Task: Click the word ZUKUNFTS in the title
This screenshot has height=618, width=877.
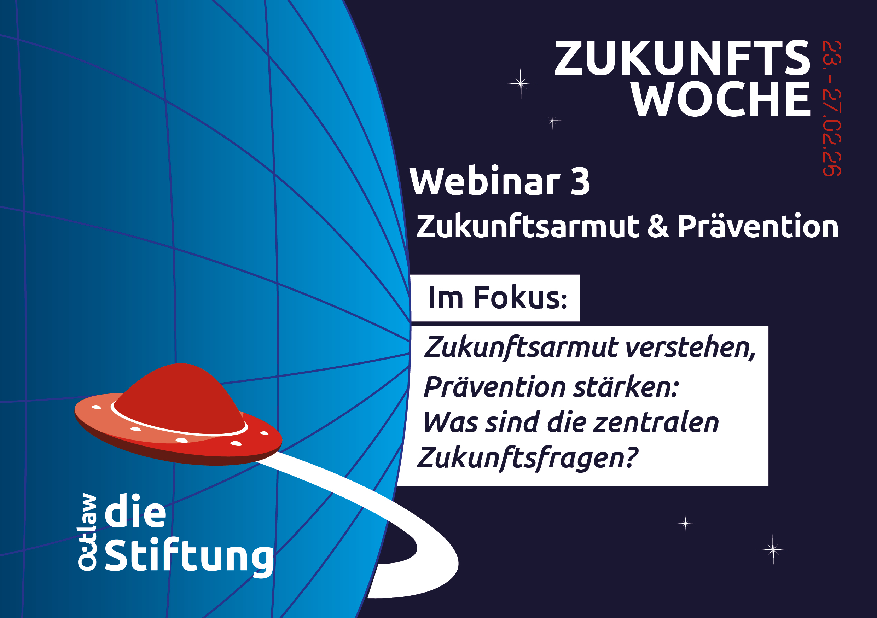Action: tap(682, 58)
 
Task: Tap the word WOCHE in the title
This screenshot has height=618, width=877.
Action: tap(720, 99)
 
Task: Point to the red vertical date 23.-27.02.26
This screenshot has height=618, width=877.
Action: tap(832, 109)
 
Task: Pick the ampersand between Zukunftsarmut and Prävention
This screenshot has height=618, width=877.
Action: tap(658, 227)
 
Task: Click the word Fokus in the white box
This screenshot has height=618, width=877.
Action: tap(520, 298)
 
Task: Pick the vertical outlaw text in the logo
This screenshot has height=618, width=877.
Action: tap(87, 532)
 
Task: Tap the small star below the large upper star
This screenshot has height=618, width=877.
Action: tap(552, 121)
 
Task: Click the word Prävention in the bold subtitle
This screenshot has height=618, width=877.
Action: tap(758, 226)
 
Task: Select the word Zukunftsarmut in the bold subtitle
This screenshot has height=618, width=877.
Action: tap(528, 226)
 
